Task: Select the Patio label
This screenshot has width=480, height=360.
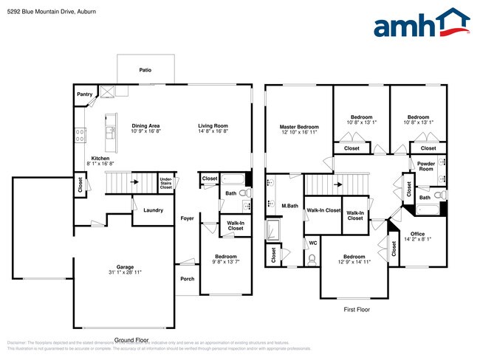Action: click(145, 70)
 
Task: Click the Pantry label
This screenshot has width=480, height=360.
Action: click(85, 94)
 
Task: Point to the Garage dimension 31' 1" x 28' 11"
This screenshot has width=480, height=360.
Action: click(114, 273)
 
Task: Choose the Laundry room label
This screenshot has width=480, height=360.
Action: click(153, 210)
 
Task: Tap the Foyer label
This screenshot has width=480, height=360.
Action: click(188, 218)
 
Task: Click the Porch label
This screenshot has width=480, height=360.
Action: click(188, 279)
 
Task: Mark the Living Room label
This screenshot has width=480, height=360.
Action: click(213, 125)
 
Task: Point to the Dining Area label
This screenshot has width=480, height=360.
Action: click(145, 125)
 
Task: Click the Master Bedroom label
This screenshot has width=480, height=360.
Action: click(299, 125)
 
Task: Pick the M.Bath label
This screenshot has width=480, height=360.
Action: click(289, 205)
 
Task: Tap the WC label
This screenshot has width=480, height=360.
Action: click(313, 242)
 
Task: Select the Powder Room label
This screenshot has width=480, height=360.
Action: click(426, 166)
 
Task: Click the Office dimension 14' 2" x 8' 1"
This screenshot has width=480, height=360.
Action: click(417, 239)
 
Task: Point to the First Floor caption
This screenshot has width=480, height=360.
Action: click(356, 310)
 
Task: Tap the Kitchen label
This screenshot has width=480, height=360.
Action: click(101, 159)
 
